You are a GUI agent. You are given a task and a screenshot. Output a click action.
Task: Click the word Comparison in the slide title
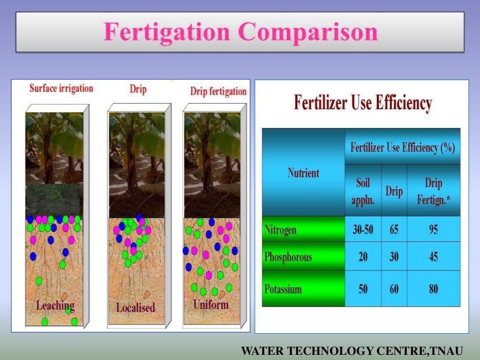[x=308, y=32]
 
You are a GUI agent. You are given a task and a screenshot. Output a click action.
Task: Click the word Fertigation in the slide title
[x=167, y=32]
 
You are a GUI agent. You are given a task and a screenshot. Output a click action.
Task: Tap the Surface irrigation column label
[x=61, y=89]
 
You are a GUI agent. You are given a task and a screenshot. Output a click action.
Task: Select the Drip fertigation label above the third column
[x=218, y=91]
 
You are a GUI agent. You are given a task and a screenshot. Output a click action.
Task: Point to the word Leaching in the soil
[x=55, y=306]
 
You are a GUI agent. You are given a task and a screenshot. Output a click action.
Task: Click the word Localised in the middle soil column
[x=135, y=308]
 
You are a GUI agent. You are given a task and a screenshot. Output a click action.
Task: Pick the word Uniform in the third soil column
[x=211, y=305]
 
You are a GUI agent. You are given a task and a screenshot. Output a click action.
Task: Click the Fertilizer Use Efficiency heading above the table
[x=362, y=103]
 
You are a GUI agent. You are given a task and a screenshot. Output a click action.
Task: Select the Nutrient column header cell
[x=303, y=173]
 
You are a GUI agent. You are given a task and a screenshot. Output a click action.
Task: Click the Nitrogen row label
[x=280, y=230]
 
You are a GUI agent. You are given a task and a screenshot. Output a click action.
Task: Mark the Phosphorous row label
[x=288, y=257]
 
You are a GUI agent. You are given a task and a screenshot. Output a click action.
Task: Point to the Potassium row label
[x=283, y=289]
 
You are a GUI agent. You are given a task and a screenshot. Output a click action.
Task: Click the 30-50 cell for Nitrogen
[x=363, y=230]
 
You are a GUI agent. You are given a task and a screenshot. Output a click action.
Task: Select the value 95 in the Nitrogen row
[x=433, y=230]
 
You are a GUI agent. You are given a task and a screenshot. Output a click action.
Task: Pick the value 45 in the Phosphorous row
[x=433, y=257]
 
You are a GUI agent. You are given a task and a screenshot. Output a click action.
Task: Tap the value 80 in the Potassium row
[x=433, y=289]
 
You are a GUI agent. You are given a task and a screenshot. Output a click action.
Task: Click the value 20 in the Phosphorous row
[x=363, y=257]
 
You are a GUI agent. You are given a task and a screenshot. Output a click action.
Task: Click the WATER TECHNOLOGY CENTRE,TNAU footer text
[x=352, y=351]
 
